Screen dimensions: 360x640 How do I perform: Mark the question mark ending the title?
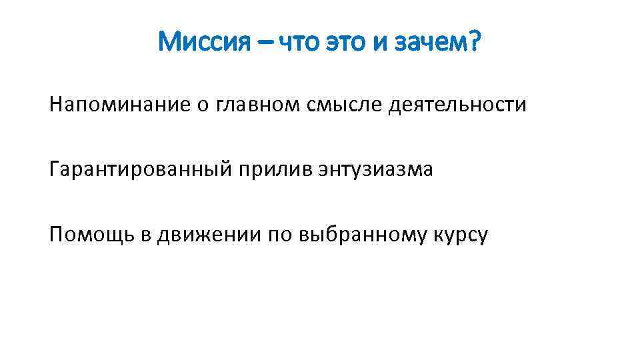click(474, 45)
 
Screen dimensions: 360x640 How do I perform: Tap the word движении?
click(209, 235)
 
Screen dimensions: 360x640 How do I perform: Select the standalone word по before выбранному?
click(281, 235)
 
